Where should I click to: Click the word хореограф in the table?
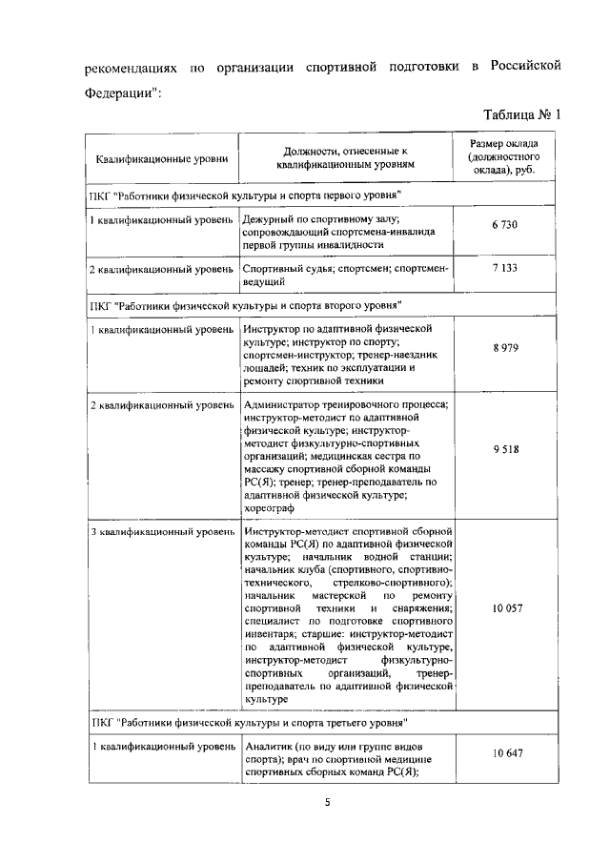click(271, 509)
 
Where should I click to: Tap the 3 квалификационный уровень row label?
click(161, 530)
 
